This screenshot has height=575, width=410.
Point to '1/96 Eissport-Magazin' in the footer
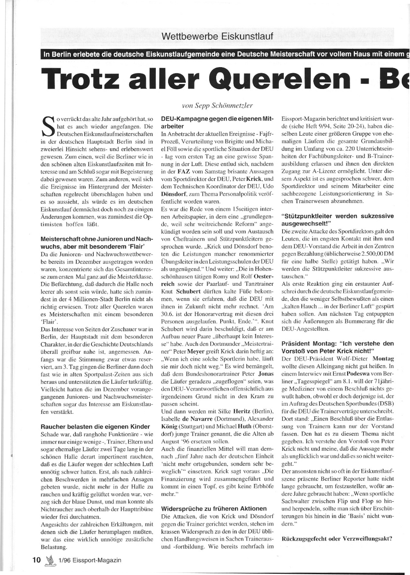[90, 560]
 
